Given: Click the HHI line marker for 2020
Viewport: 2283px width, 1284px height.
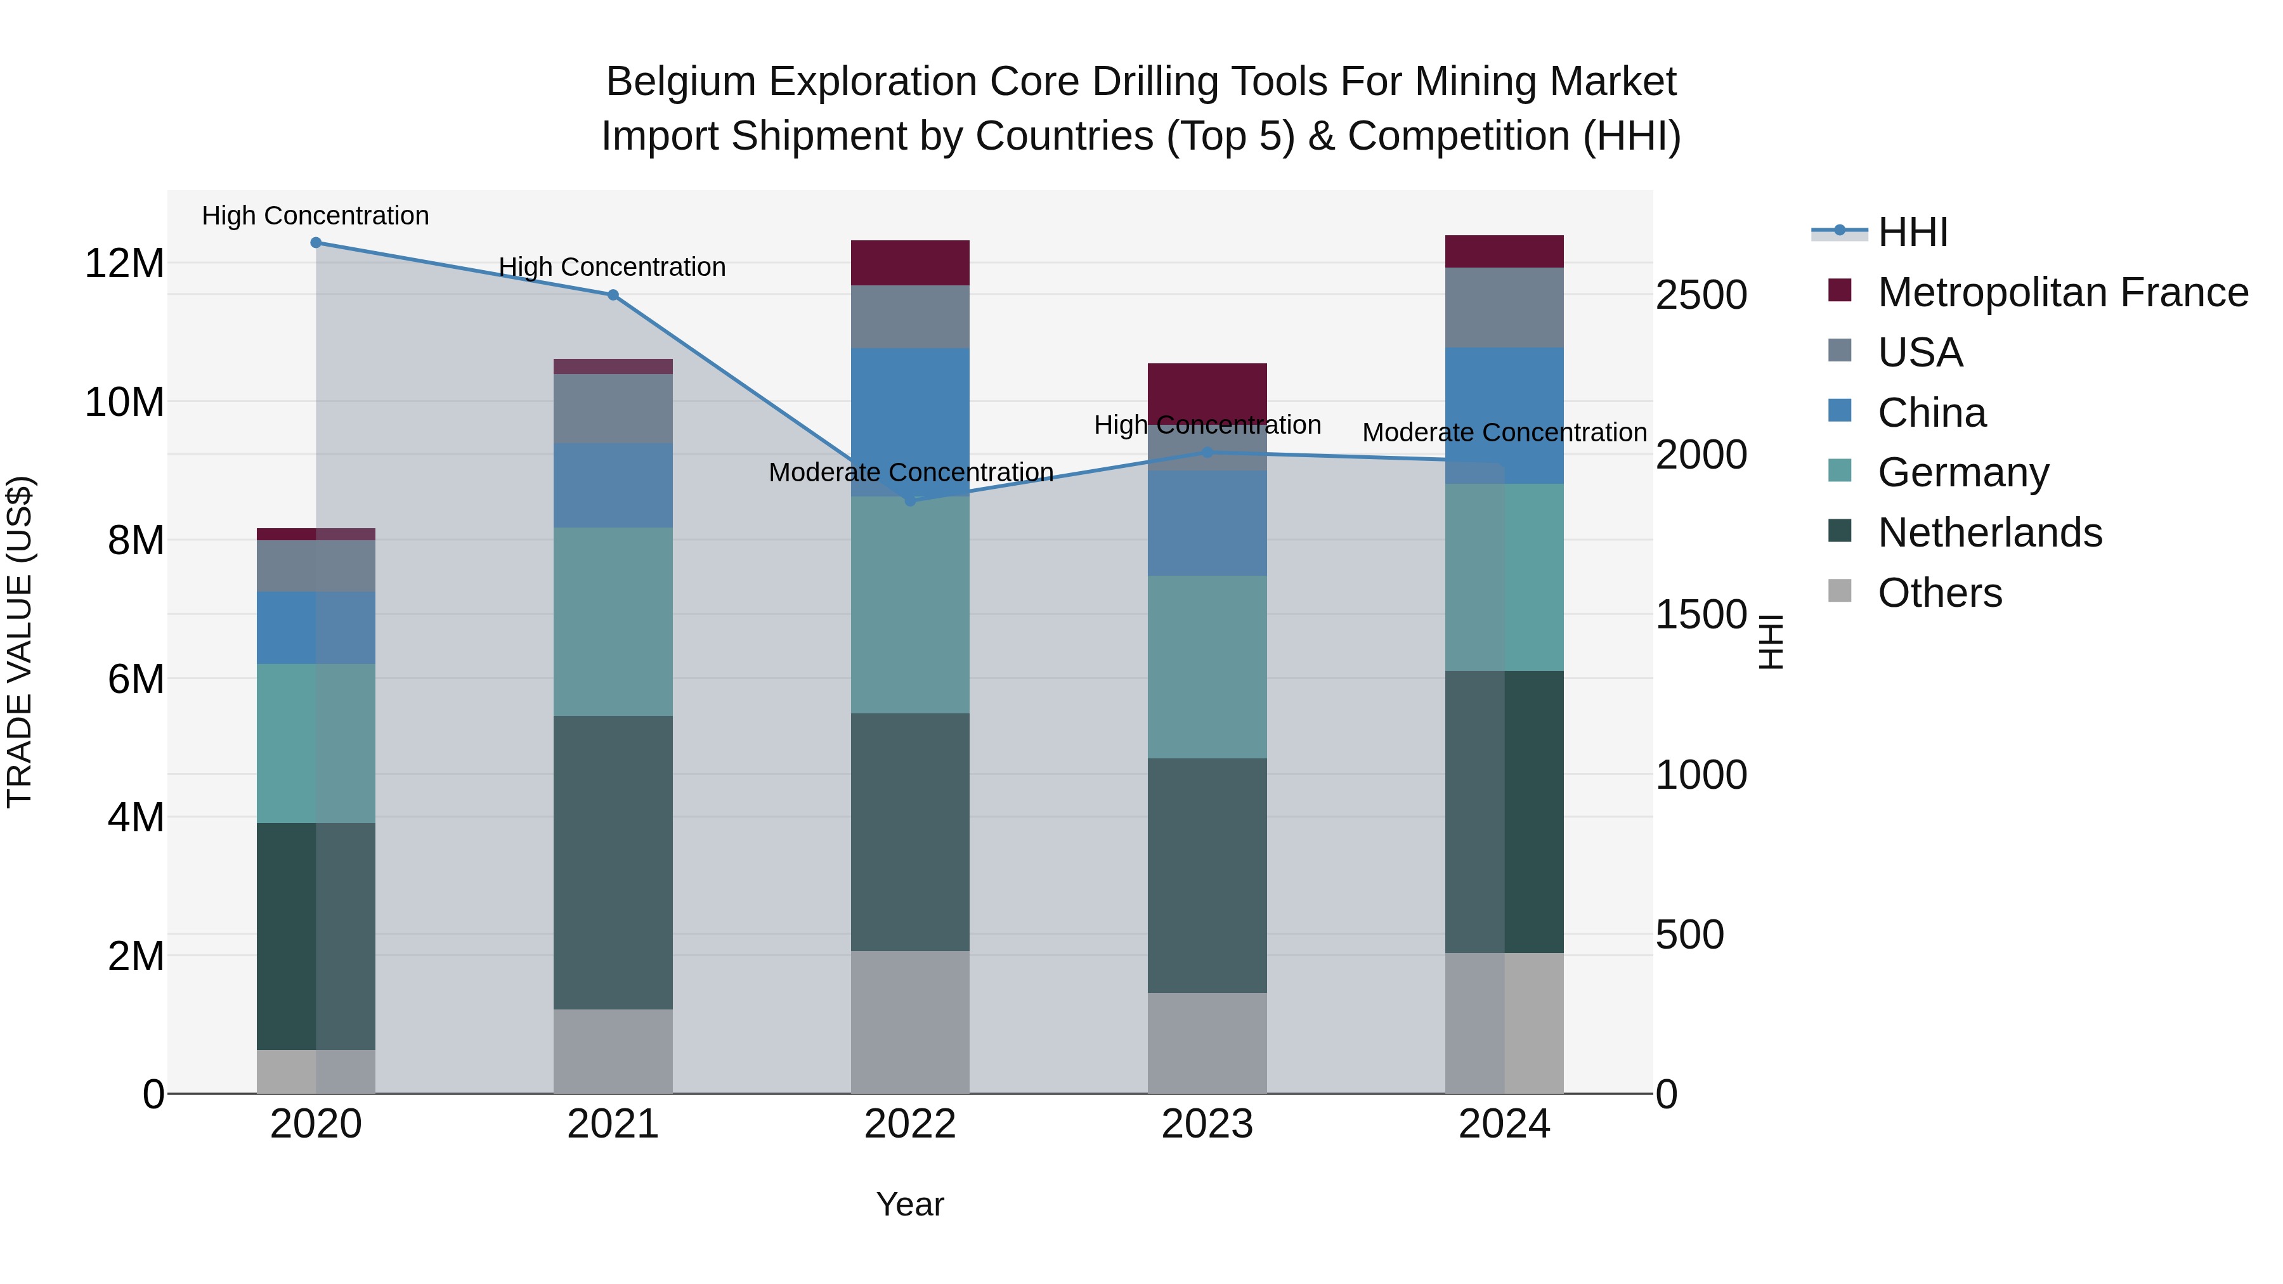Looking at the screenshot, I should [x=316, y=243].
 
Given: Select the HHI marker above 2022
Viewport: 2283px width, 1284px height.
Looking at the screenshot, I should [x=909, y=501].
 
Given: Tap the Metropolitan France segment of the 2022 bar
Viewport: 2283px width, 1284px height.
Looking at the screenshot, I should [x=909, y=263].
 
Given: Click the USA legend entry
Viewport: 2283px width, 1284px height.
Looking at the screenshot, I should [x=1920, y=353].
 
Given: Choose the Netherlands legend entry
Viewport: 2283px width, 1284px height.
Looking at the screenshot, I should [x=1989, y=533].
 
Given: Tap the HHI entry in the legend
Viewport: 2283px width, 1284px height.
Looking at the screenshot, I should [x=1913, y=232].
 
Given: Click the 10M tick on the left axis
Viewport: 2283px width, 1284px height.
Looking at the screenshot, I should [x=124, y=402].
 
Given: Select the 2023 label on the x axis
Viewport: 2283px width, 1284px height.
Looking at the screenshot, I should [x=1206, y=1124].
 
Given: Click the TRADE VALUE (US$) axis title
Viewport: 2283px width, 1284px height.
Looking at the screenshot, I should [x=20, y=642].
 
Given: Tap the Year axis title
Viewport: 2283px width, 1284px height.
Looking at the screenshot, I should [x=909, y=1204].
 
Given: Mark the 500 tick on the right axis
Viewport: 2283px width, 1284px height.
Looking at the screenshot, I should [x=1689, y=935].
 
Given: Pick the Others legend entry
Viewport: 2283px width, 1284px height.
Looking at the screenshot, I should [x=1939, y=593].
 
